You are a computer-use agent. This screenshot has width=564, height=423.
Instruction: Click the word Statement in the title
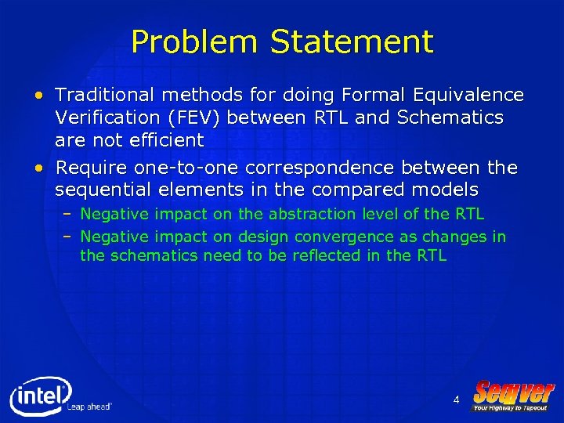tap(351, 42)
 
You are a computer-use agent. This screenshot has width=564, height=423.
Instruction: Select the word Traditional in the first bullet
tap(105, 95)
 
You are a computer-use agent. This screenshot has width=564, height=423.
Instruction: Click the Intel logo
tap(39, 396)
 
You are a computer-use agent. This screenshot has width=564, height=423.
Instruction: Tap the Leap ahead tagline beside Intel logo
tap(89, 407)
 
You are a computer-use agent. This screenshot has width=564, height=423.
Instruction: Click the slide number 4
tap(456, 400)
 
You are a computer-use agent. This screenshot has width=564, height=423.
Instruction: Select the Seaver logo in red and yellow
tap(513, 392)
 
